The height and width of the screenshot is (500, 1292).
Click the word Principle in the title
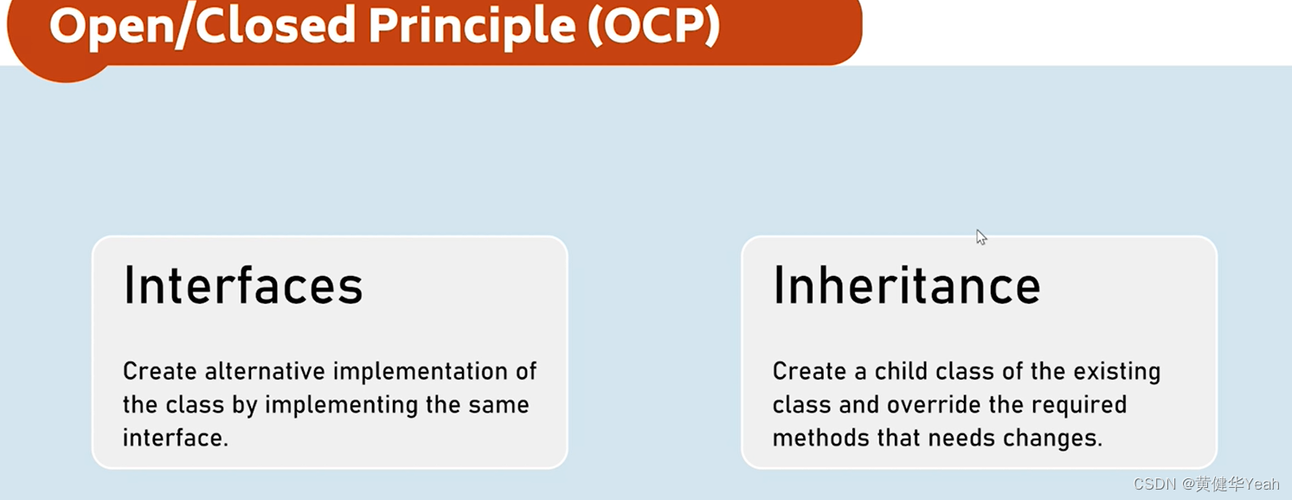click(471, 27)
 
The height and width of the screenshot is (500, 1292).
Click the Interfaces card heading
click(243, 285)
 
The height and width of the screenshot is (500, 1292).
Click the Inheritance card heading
click(906, 285)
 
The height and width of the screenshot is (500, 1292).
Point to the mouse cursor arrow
click(980, 236)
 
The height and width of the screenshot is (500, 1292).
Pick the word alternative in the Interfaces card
click(266, 372)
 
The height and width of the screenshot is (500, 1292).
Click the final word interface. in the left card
click(176, 438)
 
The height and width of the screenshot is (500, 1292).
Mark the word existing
click(1117, 372)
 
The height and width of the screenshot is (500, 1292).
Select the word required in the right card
click(1080, 405)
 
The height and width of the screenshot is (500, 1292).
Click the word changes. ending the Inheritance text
click(1056, 438)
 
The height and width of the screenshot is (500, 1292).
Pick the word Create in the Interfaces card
click(160, 372)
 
